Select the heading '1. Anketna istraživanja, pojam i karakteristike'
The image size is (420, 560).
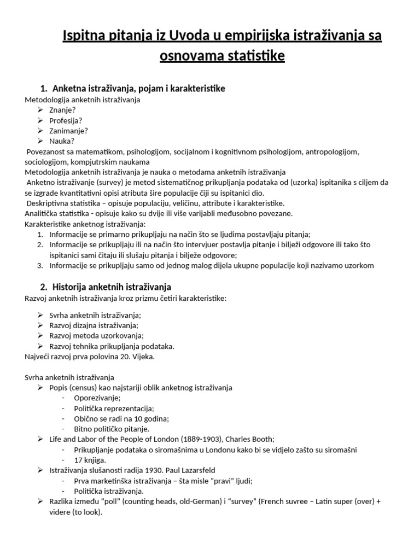point(133,88)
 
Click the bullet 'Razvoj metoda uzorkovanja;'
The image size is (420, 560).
point(96,335)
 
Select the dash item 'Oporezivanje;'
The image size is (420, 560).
point(97,398)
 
